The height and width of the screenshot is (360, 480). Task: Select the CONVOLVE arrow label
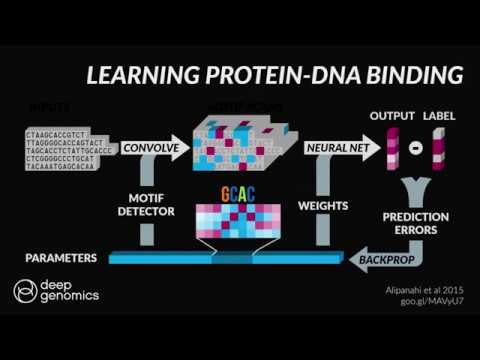pos(149,148)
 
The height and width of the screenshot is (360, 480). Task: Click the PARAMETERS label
pos(61,259)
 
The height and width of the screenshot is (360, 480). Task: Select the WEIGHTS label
pos(322,205)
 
